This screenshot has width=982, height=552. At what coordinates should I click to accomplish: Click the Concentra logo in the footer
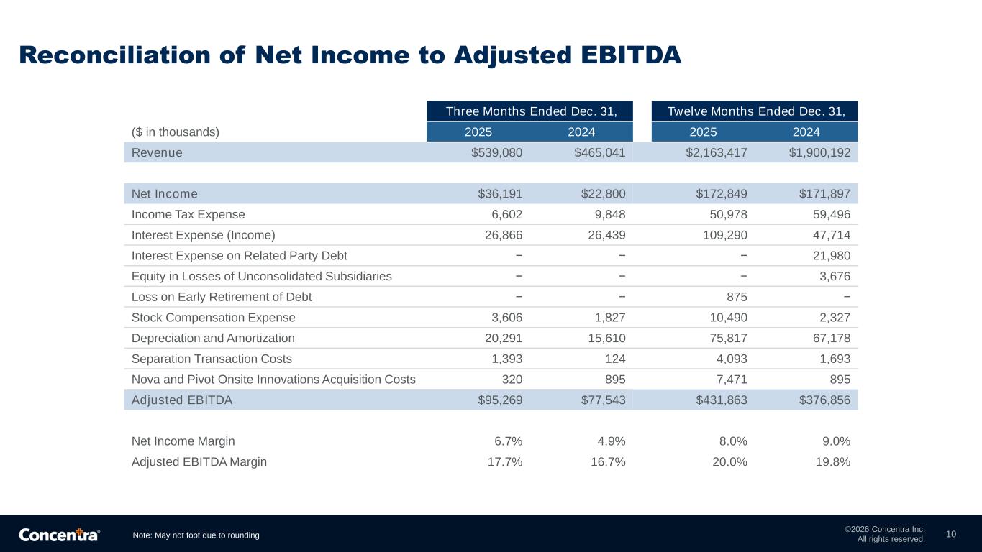pos(59,535)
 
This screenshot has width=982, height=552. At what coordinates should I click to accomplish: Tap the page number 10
pos(951,534)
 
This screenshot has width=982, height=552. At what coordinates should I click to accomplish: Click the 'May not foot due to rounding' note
pos(196,535)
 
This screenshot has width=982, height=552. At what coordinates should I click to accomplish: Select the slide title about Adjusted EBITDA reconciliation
pos(350,55)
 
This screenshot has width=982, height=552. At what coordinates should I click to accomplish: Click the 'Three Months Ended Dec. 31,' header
pos(529,111)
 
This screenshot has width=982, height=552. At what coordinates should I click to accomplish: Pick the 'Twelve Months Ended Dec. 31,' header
pos(755,111)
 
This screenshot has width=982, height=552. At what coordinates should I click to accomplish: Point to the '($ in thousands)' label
pos(176,132)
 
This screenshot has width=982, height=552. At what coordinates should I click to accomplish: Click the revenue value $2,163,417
pos(717,152)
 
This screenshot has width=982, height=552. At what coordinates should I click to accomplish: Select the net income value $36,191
pos(500,194)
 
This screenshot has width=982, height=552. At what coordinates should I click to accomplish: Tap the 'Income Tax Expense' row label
pos(188,214)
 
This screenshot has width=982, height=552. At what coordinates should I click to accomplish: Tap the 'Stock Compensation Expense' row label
pos(214,318)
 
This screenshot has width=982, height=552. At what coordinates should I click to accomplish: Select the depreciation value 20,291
pos(503,338)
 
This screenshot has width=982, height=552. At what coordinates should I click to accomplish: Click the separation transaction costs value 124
pos(616,359)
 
